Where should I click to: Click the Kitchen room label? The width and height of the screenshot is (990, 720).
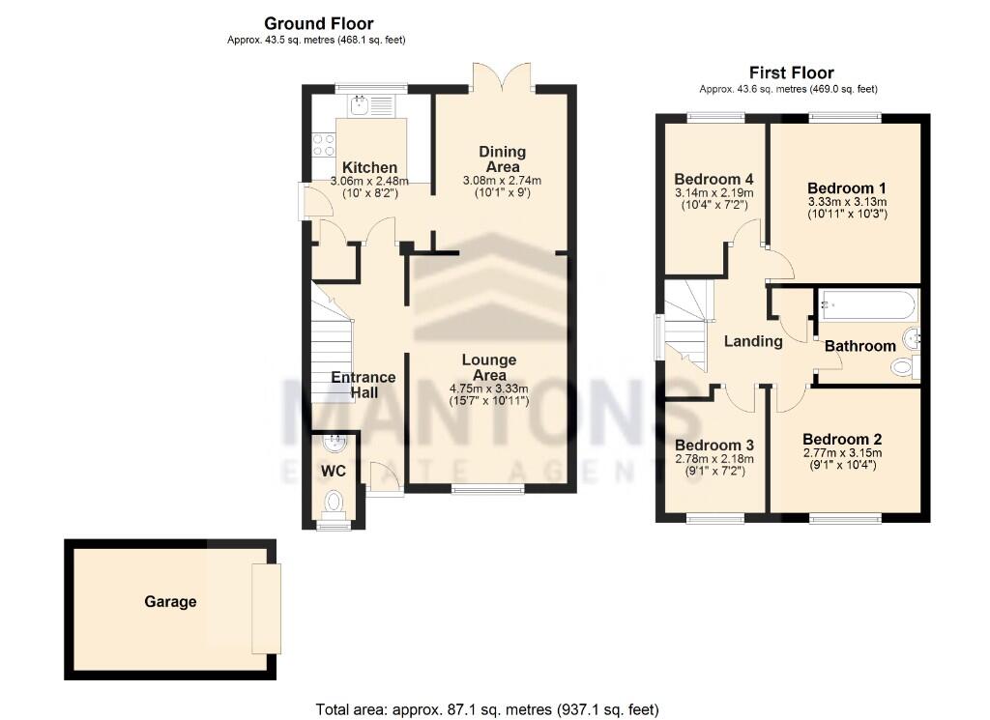369,167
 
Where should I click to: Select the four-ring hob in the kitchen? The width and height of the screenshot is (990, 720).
324,145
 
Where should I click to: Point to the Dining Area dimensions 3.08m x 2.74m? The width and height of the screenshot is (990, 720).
502,181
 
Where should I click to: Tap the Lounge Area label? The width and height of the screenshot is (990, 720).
489,367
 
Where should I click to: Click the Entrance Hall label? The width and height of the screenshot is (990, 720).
364,385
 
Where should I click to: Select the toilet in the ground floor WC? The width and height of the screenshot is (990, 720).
333,503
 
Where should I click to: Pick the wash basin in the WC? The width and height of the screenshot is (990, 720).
334,443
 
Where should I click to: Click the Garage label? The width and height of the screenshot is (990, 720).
170,601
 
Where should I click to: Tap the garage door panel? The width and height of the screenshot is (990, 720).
267,608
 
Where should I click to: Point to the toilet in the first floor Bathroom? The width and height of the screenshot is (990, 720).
905,365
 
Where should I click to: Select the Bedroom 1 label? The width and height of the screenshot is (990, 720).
847,188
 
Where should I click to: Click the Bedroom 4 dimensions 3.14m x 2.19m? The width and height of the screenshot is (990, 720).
714,192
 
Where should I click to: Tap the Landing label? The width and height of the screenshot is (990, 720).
753,341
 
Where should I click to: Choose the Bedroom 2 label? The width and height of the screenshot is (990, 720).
842,439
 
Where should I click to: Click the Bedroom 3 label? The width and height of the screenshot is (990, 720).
714,445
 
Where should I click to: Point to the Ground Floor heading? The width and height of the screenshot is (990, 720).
319,23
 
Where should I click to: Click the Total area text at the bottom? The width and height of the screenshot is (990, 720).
487,709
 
